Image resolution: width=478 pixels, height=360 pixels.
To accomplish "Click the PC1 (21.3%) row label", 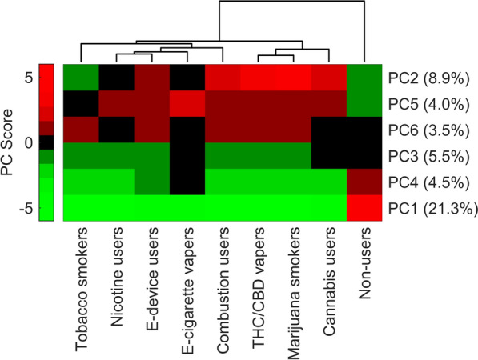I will pyautogui.click(x=428, y=207).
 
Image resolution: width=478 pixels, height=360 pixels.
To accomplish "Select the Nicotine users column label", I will pyautogui.click(x=116, y=279).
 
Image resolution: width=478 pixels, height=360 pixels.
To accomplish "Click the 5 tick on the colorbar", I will pyautogui.click(x=27, y=78).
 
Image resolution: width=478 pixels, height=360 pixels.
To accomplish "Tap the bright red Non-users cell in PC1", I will pyautogui.click(x=364, y=207).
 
